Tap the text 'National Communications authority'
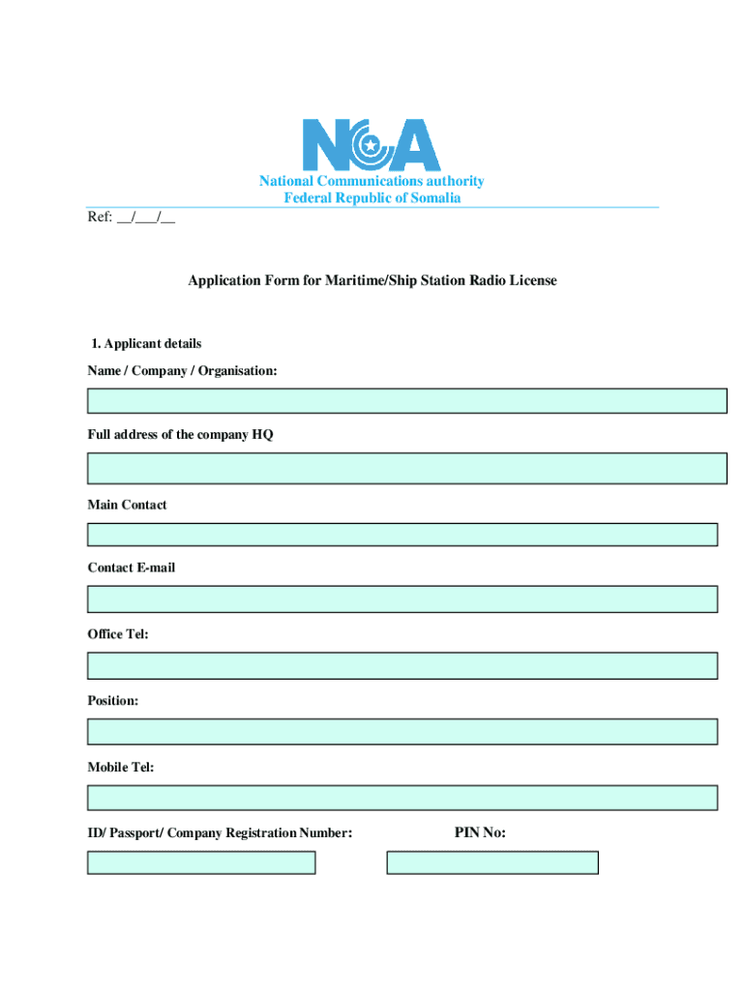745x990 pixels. click(372, 181)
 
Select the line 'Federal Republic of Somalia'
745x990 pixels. click(372, 198)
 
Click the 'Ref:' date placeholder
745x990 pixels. click(145, 218)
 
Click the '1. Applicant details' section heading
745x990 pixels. click(146, 344)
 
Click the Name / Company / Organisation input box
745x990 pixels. click(406, 400)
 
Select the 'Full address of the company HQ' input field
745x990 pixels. click(406, 468)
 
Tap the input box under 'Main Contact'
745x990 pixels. click(402, 535)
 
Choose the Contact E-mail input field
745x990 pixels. click(402, 599)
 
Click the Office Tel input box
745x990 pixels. click(402, 665)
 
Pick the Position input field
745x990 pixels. click(402, 732)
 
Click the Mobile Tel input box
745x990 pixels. click(402, 798)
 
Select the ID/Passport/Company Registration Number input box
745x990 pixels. click(201, 862)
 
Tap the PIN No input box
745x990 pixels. click(492, 862)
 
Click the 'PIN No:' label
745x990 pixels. click(480, 832)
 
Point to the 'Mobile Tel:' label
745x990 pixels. click(121, 768)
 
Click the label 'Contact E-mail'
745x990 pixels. click(132, 568)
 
